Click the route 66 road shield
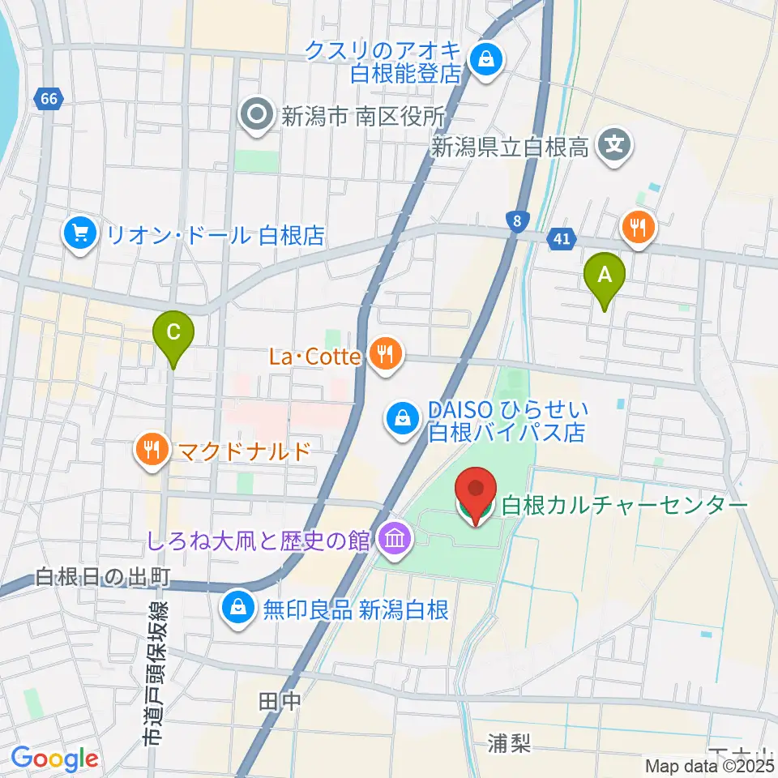tap(49, 100)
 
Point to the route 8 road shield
tap(515, 220)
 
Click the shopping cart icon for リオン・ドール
tap(79, 235)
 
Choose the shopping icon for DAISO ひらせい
tap(402, 419)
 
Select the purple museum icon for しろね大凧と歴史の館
tap(394, 539)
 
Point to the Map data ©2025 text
tap(709, 765)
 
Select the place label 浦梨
tap(509, 742)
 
